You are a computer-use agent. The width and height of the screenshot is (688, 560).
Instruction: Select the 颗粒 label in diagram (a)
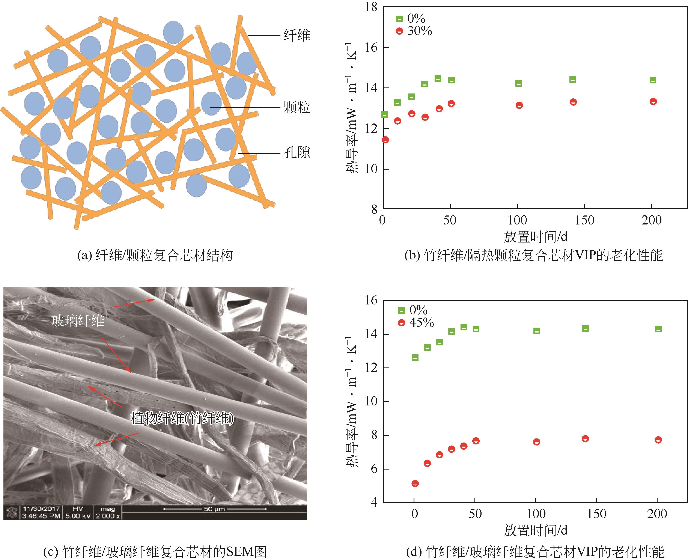tap(297, 107)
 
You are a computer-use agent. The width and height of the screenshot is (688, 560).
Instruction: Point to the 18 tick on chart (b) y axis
tap(371, 7)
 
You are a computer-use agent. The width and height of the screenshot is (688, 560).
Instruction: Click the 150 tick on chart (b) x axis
tap(584, 220)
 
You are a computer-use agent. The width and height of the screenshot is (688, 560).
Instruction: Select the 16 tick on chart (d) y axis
tap(371, 300)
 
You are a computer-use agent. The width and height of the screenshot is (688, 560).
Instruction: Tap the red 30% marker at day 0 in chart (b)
tap(385, 140)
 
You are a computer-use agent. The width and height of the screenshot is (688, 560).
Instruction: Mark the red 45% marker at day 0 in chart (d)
tap(415, 483)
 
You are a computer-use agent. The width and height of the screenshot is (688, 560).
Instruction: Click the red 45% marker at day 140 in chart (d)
tap(585, 438)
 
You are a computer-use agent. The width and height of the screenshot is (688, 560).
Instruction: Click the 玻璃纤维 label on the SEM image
tap(78, 321)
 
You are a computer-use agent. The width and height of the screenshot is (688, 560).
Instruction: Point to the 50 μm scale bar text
tap(214, 509)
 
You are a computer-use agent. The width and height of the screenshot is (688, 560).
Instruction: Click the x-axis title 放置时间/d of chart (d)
tap(535, 530)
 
